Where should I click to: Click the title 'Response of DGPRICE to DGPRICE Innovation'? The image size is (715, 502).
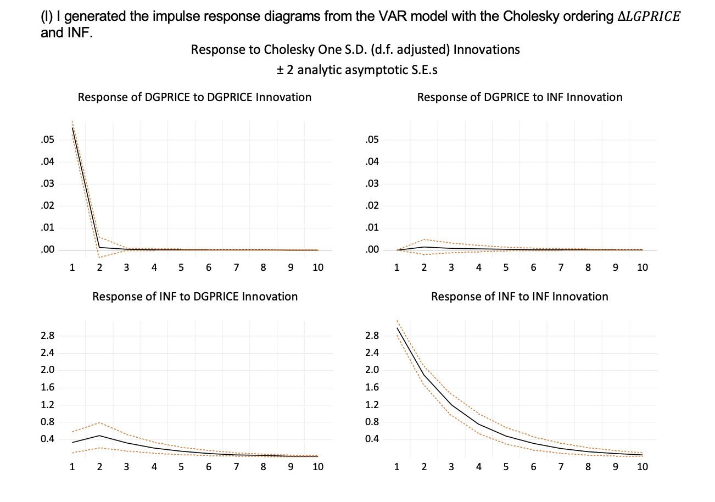194,97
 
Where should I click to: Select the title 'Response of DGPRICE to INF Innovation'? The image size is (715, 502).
520,97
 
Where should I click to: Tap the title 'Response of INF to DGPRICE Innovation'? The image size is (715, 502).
195,297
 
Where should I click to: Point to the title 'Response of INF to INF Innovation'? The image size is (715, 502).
520,297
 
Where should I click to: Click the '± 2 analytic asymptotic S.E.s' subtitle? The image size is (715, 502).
355,70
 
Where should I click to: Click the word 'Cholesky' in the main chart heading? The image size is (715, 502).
287,49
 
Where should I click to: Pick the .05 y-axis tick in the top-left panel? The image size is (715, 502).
47,140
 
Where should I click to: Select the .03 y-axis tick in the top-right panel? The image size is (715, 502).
372,184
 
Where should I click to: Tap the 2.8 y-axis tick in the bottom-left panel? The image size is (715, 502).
47,336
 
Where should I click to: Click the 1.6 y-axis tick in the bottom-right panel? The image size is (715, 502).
372,388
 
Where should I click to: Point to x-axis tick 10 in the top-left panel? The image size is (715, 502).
317,267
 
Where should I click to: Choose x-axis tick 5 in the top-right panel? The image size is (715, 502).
506,267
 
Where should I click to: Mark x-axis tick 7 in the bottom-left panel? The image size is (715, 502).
236,467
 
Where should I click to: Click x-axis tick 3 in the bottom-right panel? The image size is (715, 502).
451,467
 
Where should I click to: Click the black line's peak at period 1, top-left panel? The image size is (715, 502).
72,128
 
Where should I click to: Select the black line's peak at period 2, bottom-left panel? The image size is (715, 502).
99,436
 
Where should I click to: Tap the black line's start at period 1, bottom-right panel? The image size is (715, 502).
397,328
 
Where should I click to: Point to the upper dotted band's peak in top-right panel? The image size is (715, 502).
424,239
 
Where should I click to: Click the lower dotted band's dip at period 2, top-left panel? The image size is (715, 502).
99,257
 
